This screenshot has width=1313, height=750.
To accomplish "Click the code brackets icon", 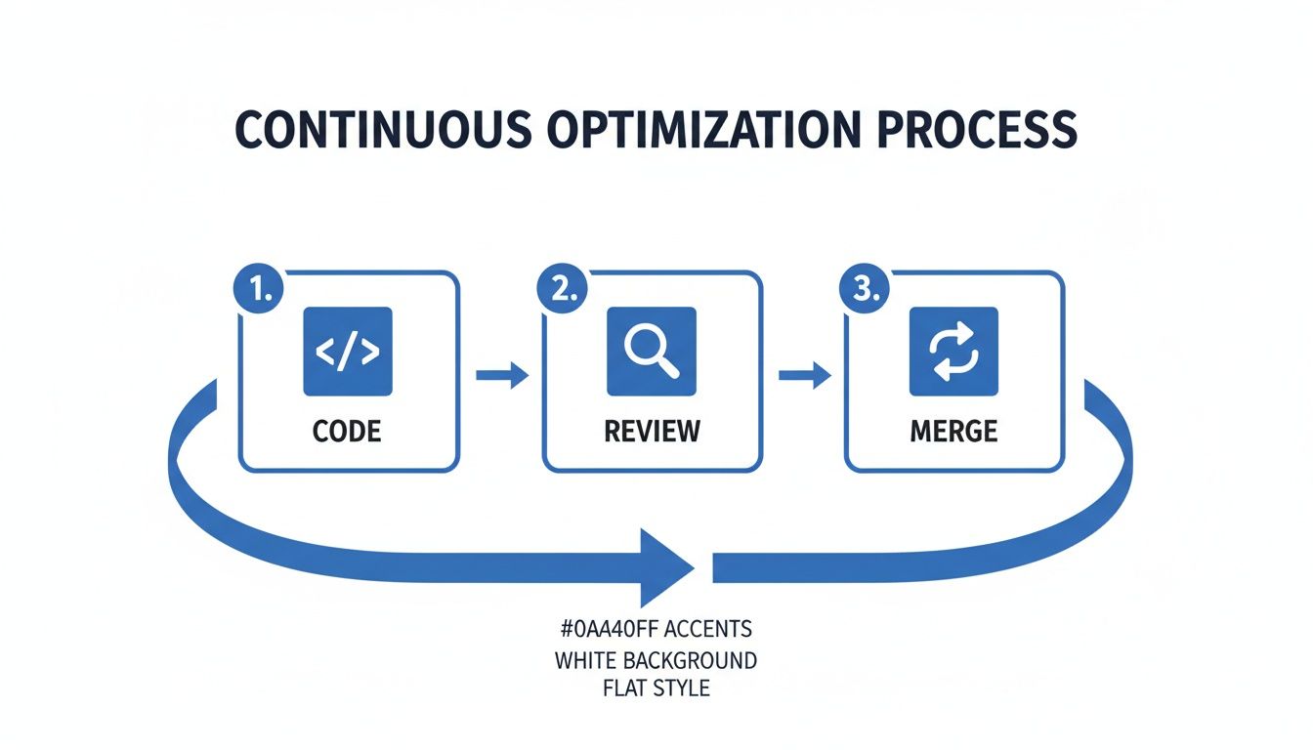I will [x=348, y=352].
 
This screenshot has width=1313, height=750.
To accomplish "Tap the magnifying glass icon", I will [x=652, y=352].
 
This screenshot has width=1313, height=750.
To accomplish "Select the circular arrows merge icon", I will [x=953, y=352].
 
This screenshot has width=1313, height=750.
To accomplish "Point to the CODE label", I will [x=348, y=431].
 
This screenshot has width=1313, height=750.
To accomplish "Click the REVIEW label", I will [x=652, y=431].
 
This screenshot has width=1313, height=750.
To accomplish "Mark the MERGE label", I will [x=953, y=431].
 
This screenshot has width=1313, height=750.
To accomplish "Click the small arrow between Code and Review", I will [x=501, y=375].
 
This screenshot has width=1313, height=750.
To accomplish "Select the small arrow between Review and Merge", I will [x=804, y=375].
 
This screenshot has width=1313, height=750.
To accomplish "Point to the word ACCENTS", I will [x=710, y=627].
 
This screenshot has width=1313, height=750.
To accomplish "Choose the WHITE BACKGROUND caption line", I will [x=656, y=660].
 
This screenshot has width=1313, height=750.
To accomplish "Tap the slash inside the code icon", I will [x=348, y=352].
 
